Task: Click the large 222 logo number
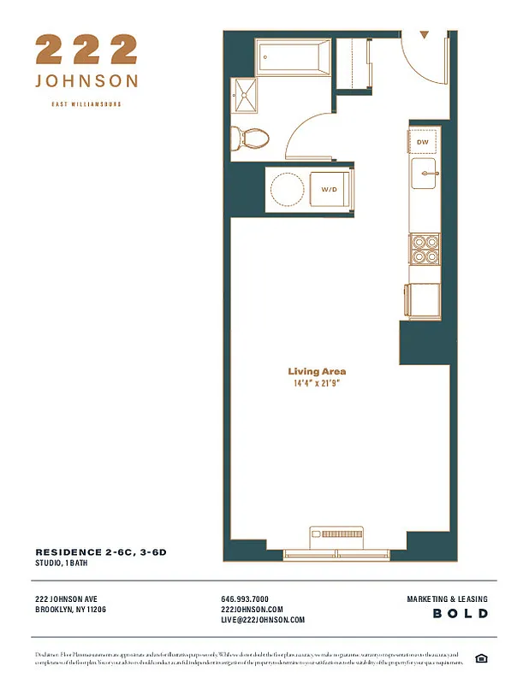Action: (x=86, y=50)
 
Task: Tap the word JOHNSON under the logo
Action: (x=86, y=81)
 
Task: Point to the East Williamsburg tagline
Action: (x=86, y=104)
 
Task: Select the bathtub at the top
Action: (x=293, y=58)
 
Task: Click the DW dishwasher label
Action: (x=423, y=142)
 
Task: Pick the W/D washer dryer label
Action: (x=329, y=188)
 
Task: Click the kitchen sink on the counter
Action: (x=425, y=174)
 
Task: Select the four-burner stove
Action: (x=424, y=248)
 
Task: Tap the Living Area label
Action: (x=317, y=372)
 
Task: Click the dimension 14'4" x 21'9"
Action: (x=317, y=384)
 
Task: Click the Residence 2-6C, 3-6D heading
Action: (x=101, y=552)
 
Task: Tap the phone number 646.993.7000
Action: (x=245, y=599)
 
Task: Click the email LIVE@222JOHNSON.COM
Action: (x=263, y=620)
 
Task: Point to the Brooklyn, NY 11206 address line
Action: (x=71, y=610)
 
